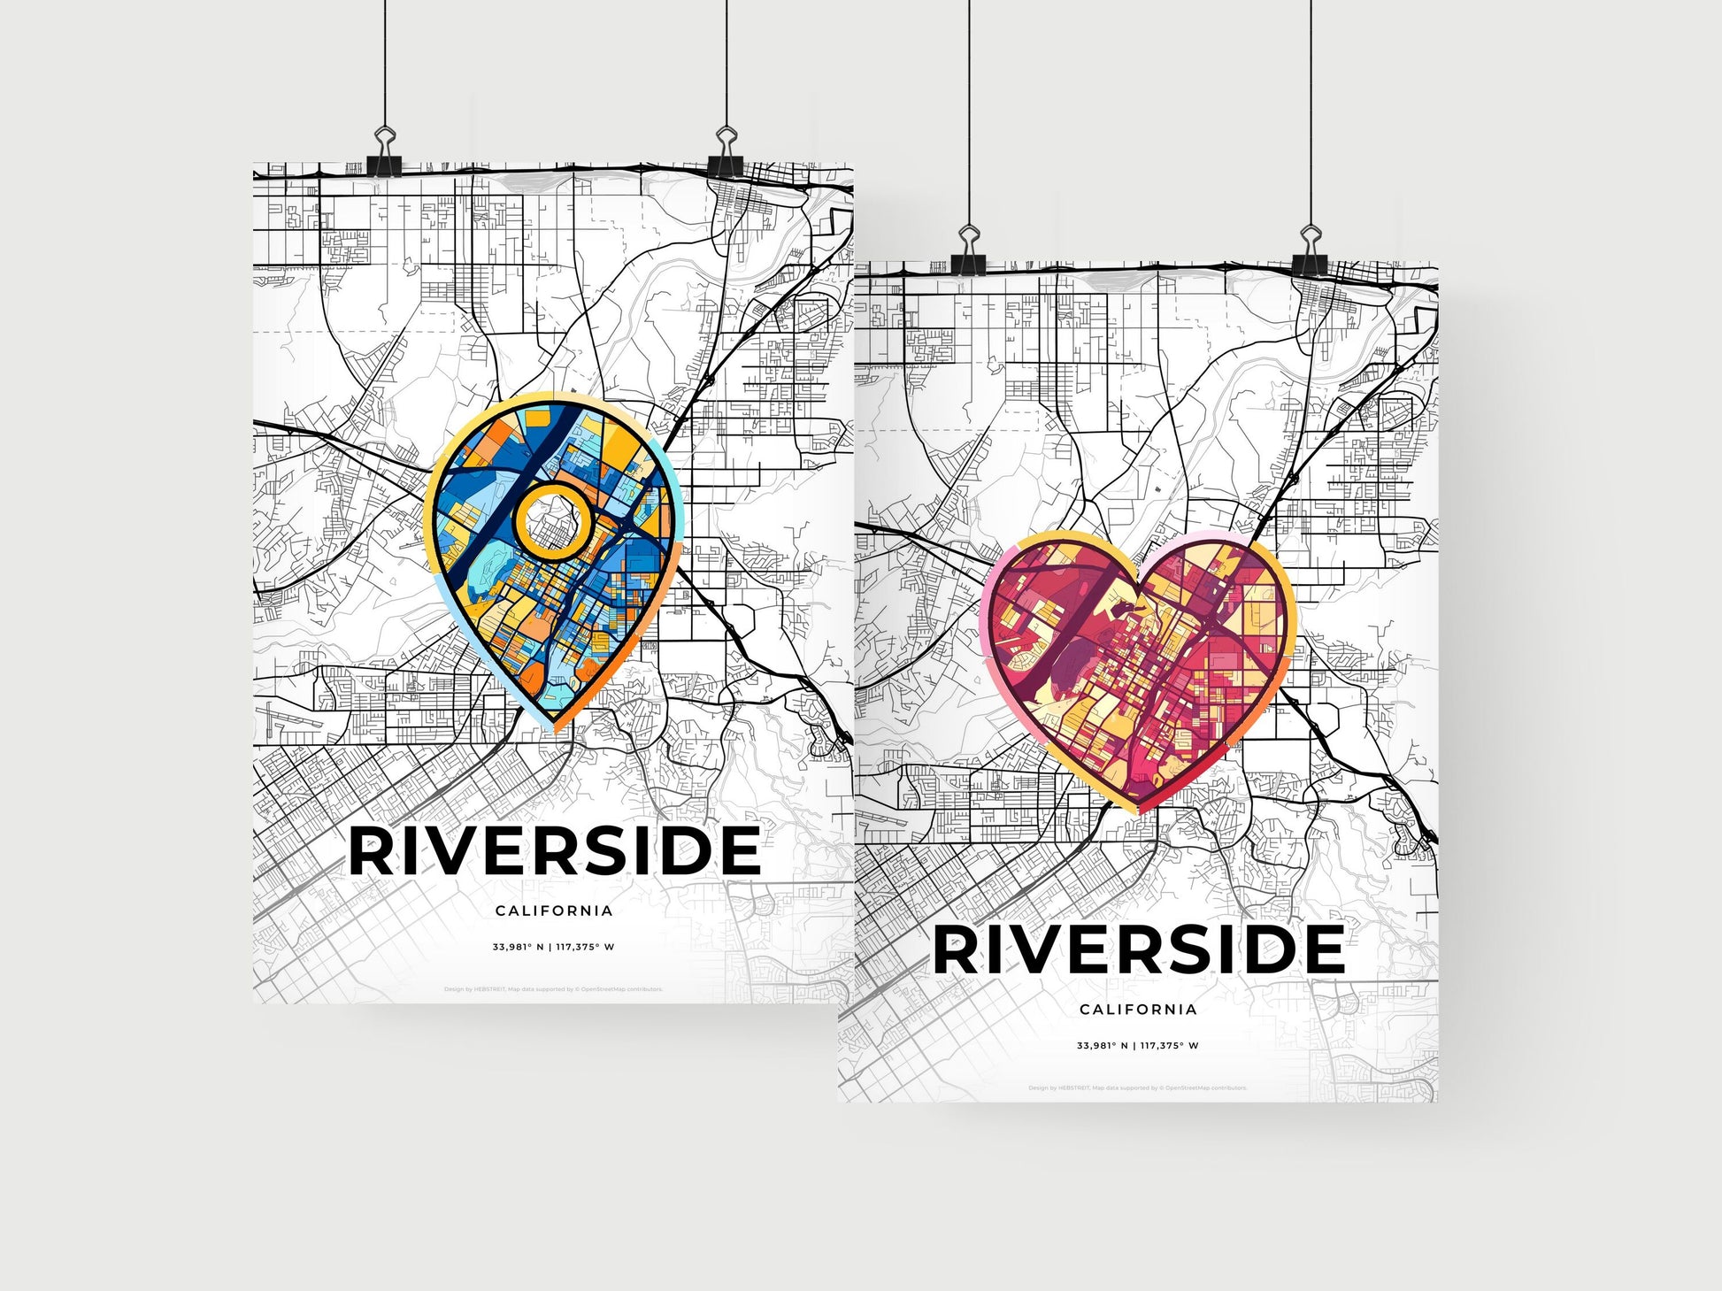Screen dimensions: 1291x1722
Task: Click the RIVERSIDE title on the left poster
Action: [x=554, y=851]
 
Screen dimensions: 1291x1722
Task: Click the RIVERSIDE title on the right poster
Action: [x=1138, y=949]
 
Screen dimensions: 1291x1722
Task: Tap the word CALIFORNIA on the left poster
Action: [x=554, y=911]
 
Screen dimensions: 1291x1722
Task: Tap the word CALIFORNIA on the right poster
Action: [x=1138, y=1009]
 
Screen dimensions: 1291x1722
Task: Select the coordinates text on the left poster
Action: [x=554, y=947]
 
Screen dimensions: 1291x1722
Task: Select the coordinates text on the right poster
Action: [x=1138, y=1045]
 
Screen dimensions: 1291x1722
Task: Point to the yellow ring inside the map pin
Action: [x=553, y=522]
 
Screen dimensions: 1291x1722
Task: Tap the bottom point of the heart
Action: [x=1138, y=810]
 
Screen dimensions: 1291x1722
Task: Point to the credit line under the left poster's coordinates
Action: [x=554, y=989]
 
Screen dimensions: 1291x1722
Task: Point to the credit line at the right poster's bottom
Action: [x=1138, y=1087]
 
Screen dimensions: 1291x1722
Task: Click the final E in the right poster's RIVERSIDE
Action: [x=1322, y=949]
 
